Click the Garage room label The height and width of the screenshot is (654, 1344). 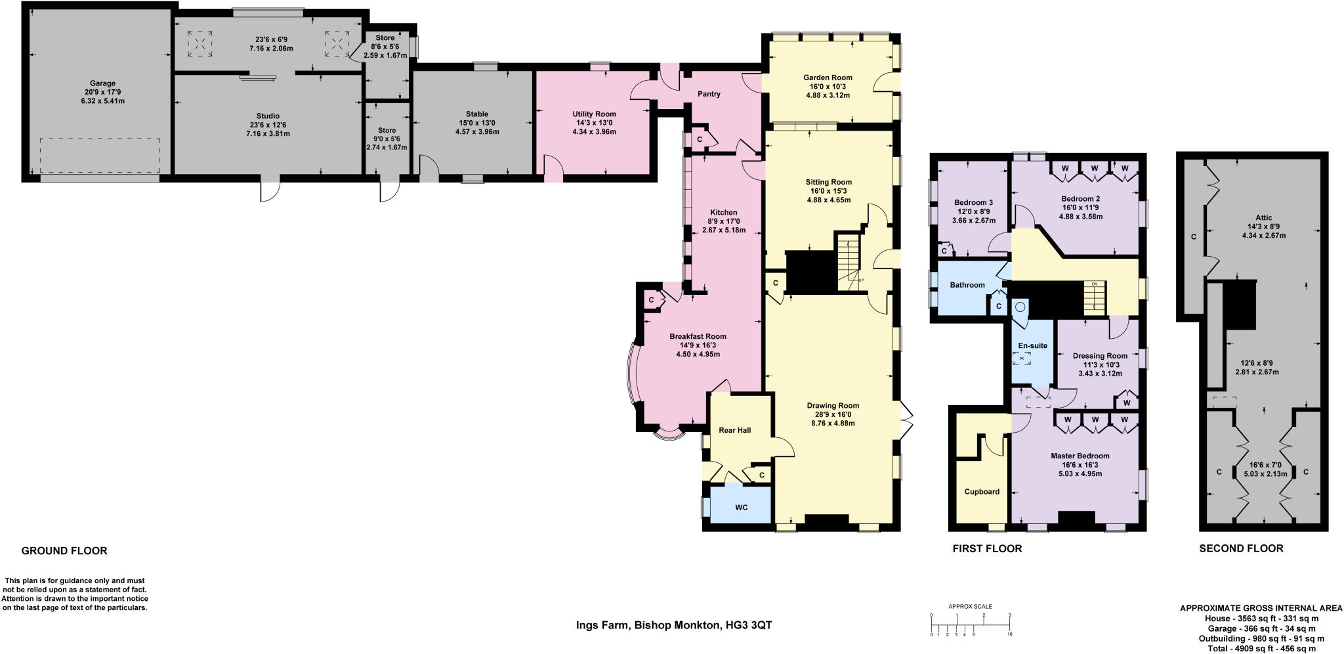coord(102,83)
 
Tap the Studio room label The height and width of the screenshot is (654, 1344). coord(268,116)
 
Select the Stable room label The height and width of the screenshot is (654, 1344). coord(476,114)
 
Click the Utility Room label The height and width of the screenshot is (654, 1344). coord(594,114)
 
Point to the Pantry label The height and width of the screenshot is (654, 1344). coord(709,94)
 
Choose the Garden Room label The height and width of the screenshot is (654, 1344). coord(828,77)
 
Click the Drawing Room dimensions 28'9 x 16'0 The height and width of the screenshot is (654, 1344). coord(833,414)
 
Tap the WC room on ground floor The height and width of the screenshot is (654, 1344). coord(741,508)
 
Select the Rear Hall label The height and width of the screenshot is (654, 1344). coord(734,430)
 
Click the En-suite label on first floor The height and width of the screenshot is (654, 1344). coord(1032,345)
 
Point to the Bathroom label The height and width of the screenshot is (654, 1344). coord(967,285)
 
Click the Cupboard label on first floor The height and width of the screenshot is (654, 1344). coord(982,491)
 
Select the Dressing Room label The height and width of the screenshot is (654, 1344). coord(1100,356)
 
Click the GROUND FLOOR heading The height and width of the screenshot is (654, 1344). coord(64,551)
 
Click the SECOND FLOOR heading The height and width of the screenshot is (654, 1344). coord(1241,548)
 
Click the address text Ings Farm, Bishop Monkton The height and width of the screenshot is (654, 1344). coord(673,625)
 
